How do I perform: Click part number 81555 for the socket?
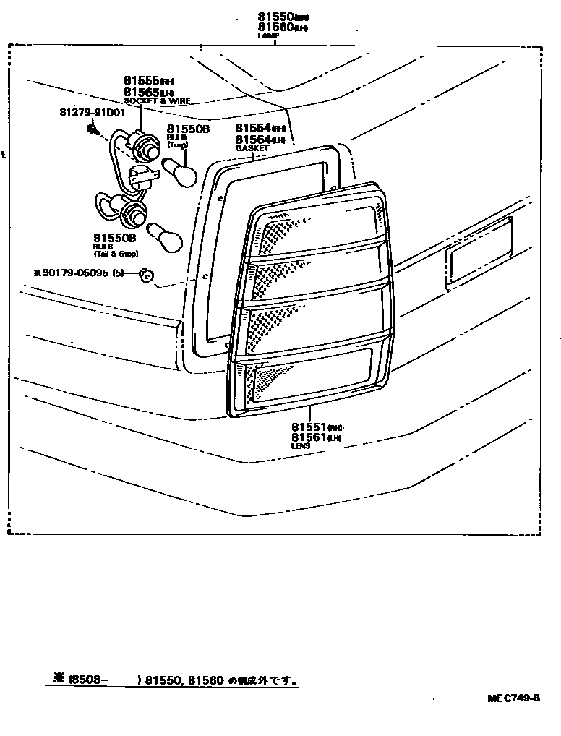[141, 81]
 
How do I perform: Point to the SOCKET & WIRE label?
[156, 101]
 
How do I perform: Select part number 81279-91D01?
[92, 113]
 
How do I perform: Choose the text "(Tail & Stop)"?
[115, 254]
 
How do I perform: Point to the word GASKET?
[252, 147]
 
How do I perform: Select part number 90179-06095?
[74, 274]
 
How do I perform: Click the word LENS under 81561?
[301, 446]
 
